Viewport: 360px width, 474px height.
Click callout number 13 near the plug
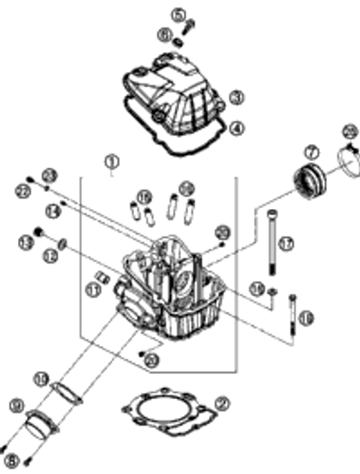pyautogui.click(x=25, y=245)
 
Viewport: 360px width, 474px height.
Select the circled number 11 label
pyautogui.click(x=94, y=289)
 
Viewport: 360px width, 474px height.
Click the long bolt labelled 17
pyautogui.click(x=271, y=242)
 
